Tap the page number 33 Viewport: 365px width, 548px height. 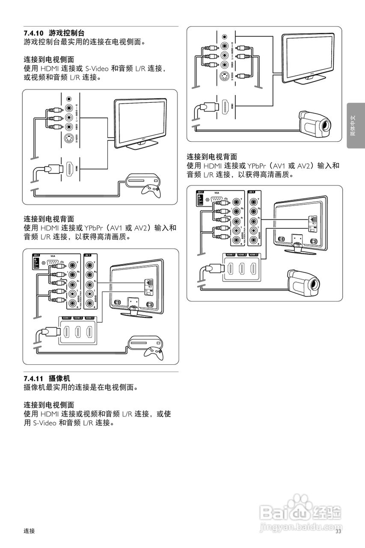pos(338,531)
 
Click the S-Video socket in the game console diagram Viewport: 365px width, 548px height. pos(69,138)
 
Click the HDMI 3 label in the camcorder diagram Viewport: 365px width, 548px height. pos(253,255)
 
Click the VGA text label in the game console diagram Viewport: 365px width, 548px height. pos(53,255)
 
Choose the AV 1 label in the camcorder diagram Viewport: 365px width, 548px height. pos(251,192)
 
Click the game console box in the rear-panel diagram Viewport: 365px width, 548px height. pos(145,342)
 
